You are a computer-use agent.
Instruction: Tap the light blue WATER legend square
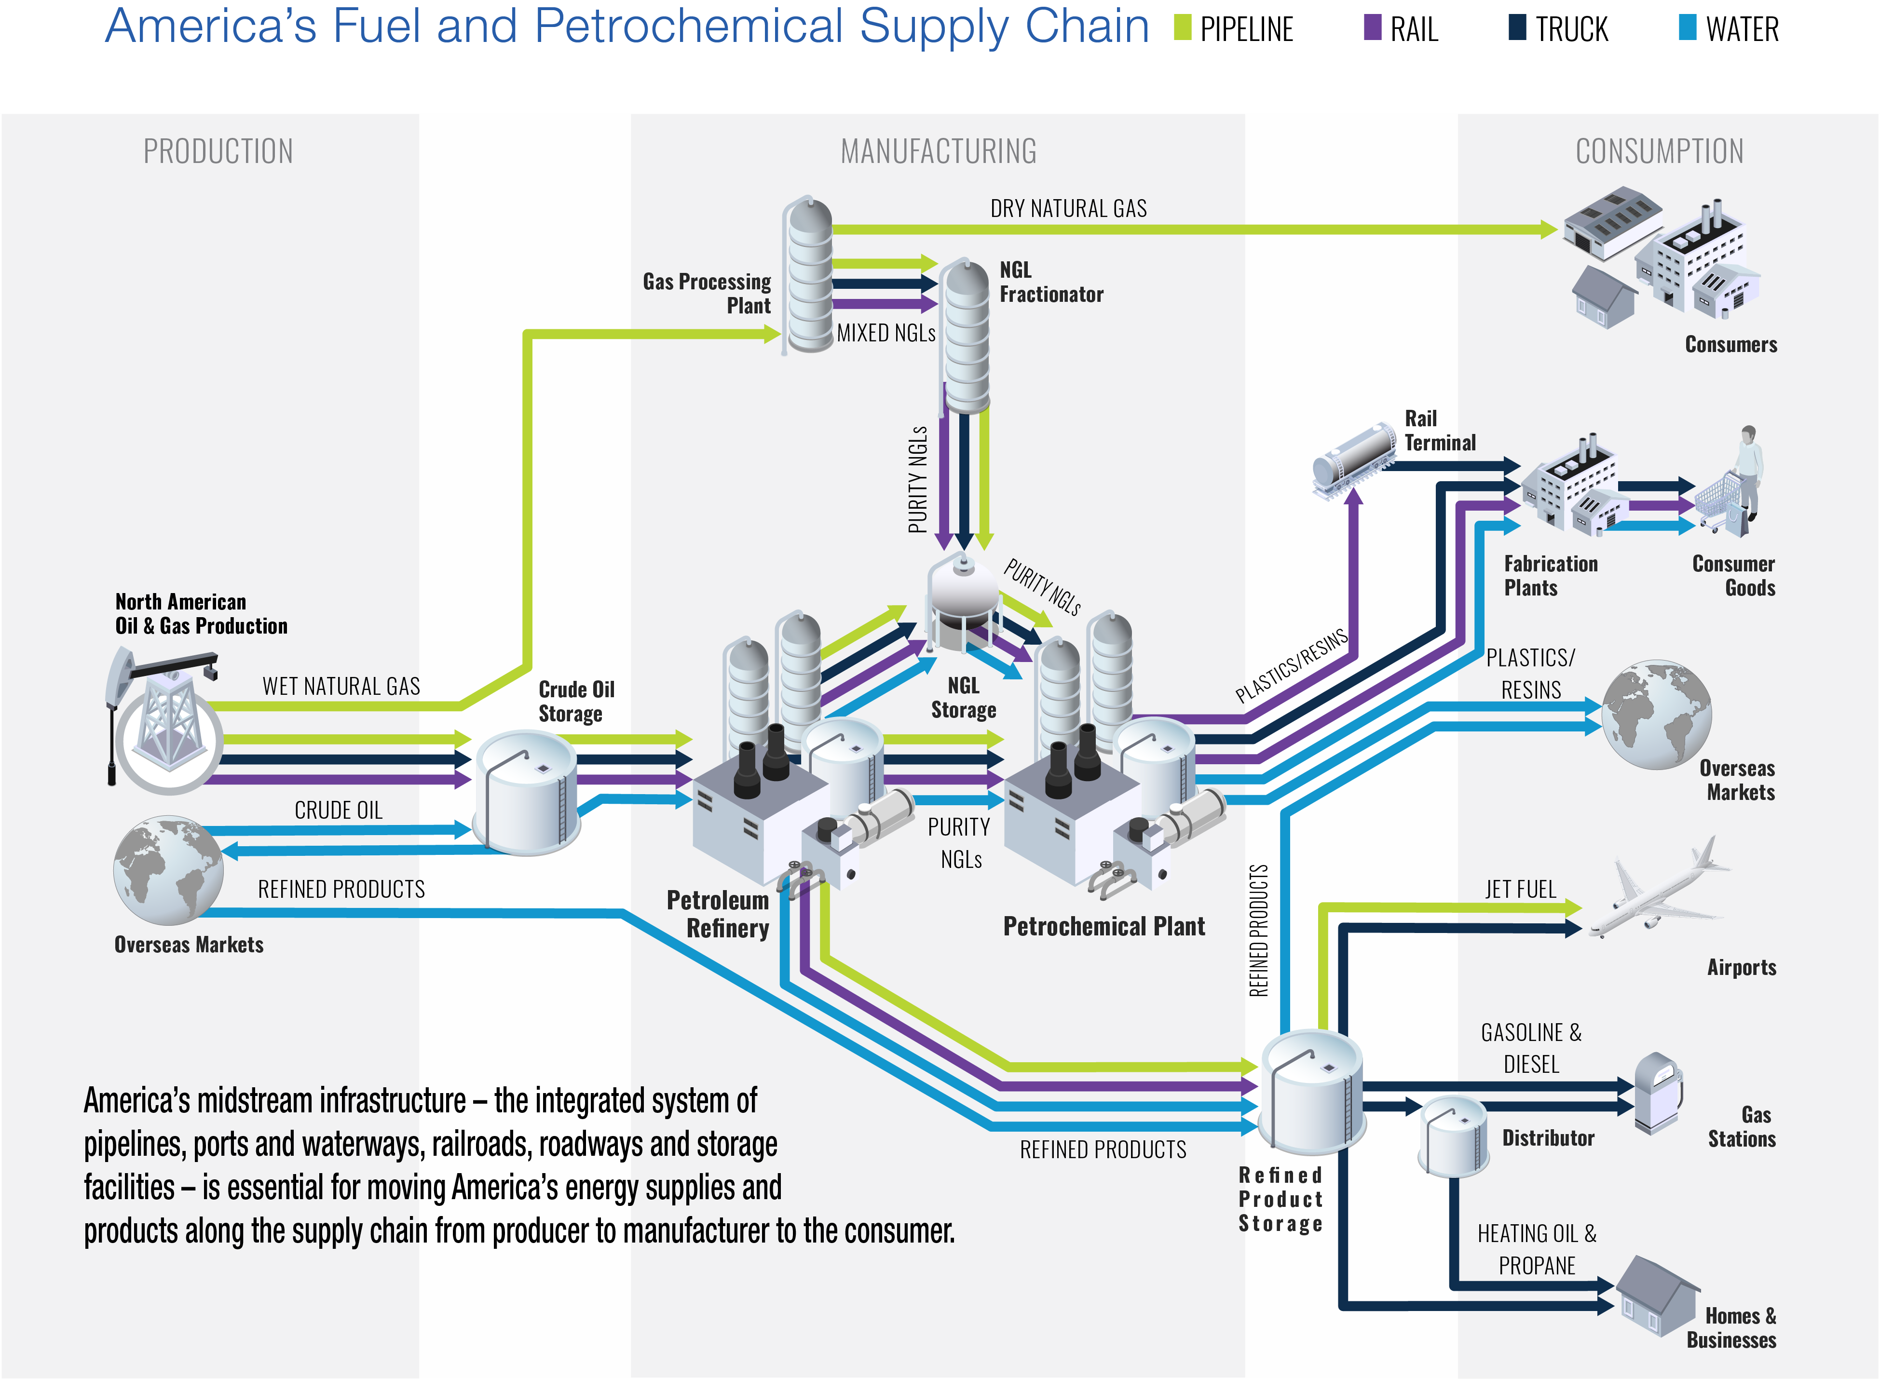(1687, 27)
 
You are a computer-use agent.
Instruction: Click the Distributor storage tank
(1453, 1135)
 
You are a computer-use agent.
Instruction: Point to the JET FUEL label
(1519, 890)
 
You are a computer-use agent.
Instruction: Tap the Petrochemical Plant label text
(1103, 927)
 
